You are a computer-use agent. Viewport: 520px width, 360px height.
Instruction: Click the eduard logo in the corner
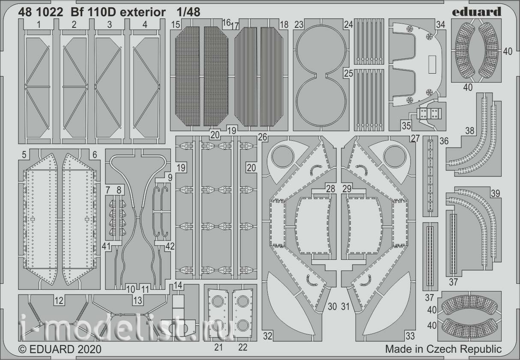[x=476, y=12]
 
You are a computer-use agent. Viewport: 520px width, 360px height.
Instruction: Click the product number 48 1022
[x=41, y=12]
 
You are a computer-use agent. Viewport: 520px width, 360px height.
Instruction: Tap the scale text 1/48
[x=188, y=12]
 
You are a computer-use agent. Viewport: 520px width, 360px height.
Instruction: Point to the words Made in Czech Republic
[x=443, y=349]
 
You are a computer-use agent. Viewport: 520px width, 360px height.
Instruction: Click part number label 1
[x=39, y=24]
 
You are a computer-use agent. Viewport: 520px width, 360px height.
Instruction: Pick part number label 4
[x=145, y=24]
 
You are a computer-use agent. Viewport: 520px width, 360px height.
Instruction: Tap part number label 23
[x=299, y=24]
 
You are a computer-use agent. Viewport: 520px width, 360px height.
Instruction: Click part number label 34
[x=440, y=24]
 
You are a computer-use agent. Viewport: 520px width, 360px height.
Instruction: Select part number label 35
[x=406, y=125]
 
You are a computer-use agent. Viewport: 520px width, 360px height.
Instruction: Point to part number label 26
[x=263, y=137]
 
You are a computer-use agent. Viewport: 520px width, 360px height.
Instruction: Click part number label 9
[x=170, y=178]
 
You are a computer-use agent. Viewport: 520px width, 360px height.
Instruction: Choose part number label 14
[x=178, y=285]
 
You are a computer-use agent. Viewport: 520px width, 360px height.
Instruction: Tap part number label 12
[x=59, y=300]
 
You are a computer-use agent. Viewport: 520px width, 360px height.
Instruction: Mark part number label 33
[x=410, y=336]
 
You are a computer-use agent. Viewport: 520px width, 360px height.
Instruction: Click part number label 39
[x=496, y=193]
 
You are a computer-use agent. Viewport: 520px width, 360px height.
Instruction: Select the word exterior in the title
[x=143, y=12]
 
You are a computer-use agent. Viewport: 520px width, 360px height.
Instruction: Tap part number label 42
[x=170, y=246]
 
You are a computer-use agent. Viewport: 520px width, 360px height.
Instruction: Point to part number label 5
[x=24, y=155]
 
